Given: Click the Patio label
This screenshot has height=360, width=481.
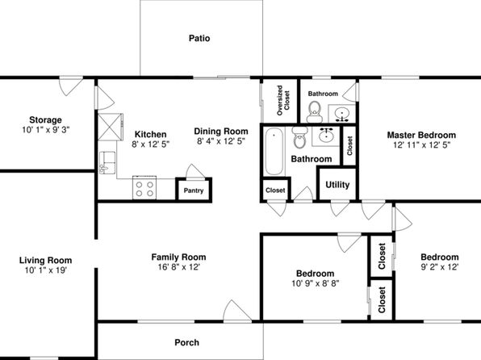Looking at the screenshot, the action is coord(199,39).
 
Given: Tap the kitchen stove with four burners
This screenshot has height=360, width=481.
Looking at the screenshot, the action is coord(144,188).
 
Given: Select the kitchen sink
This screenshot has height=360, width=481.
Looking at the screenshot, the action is coord(107,163).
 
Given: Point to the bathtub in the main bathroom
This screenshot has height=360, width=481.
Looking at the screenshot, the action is coord(274,152).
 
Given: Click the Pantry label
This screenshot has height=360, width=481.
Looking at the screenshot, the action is coord(194,190).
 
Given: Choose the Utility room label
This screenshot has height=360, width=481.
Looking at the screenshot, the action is coord(337,185).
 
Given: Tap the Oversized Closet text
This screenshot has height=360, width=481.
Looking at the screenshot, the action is coord(282,100).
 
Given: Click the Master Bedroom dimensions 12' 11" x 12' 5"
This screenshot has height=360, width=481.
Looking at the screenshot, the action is coord(422,144).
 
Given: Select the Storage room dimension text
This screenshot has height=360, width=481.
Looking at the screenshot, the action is coord(46,130).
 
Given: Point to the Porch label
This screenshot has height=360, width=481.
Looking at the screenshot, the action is coord(186,342).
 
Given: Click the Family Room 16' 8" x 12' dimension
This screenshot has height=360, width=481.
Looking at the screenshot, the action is coord(179,267).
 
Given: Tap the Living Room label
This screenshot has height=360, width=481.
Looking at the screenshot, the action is coord(46,261).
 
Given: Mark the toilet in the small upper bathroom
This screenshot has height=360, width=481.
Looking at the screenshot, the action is coord(315,112).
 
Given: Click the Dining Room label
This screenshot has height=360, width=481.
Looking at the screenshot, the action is coord(221,132).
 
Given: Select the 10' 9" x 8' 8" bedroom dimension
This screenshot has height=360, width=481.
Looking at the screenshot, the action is coord(316,283).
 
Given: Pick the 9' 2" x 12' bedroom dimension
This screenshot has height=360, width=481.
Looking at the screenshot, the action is coord(440,267).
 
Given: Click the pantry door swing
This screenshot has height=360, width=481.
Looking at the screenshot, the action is coord(195,171).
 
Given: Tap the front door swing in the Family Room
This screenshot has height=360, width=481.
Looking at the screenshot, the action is coord(236,311).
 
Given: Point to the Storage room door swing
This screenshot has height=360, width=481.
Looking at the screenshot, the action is coord(71,87).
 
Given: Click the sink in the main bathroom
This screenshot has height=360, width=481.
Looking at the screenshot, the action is coord(326,136).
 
